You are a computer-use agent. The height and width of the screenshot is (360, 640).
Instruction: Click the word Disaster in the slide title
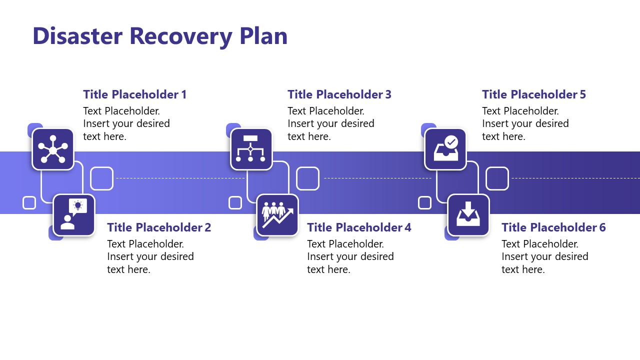pos(77,36)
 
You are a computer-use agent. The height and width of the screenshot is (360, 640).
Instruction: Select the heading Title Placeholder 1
pos(134,94)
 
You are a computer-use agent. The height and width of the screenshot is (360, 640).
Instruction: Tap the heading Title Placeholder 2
pos(158,227)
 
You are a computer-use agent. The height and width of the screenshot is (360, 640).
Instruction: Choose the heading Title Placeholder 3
pos(339,94)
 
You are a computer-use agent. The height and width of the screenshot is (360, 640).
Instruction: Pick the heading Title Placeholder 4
pos(358,227)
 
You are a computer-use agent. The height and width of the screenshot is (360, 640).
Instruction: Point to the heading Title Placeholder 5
pos(533,94)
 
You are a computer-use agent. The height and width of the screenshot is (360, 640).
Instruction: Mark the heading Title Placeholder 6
pos(553,227)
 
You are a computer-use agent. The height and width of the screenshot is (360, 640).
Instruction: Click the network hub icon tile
pos(53,149)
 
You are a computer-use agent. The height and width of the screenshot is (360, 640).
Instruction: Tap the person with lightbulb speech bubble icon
pos(74,215)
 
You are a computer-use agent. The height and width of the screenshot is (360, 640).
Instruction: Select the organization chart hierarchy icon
pos(251,149)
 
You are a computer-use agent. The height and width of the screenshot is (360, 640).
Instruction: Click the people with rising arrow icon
pos(277,215)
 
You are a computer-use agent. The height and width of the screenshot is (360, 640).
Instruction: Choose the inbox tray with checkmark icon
pos(445,149)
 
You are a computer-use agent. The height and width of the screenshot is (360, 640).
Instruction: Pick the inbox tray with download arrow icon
pos(468,215)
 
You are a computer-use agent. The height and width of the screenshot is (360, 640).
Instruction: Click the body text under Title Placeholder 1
pos(126,123)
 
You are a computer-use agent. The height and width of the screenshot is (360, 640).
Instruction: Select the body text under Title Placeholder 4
pos(350,256)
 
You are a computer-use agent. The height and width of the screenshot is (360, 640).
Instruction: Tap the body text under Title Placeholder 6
pos(544,256)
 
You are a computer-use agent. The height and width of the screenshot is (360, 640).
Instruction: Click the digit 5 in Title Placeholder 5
pos(582,94)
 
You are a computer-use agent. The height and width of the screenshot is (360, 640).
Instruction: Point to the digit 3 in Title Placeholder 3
pos(388,94)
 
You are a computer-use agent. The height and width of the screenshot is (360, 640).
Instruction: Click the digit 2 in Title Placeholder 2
pos(207,227)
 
